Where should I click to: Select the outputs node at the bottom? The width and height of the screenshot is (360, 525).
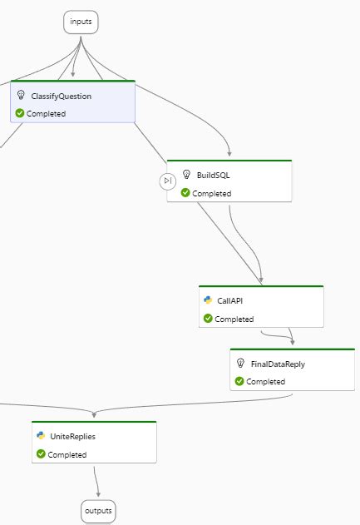coord(97,510)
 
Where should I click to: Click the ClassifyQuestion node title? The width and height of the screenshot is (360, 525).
coord(62,97)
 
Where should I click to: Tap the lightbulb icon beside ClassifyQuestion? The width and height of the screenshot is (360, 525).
coord(22,96)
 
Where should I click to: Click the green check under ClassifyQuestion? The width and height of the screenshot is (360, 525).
coord(20,113)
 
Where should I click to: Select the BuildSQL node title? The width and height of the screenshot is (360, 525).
coord(215,175)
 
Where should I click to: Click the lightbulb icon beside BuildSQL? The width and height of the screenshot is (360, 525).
coord(187,175)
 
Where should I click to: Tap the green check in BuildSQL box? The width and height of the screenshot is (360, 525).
coord(185,193)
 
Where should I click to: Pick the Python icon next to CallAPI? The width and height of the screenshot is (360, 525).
coord(208,300)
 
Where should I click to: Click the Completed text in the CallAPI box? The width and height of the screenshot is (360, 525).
coord(234,319)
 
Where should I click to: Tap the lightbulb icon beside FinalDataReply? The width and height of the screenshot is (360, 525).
coord(240,364)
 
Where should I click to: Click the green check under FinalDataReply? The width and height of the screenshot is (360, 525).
coord(239,381)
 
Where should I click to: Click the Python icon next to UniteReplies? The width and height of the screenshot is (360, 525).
coord(41,435)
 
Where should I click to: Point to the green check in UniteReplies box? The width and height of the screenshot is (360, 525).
coord(40,454)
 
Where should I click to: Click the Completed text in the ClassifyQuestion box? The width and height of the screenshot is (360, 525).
coord(46,113)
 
